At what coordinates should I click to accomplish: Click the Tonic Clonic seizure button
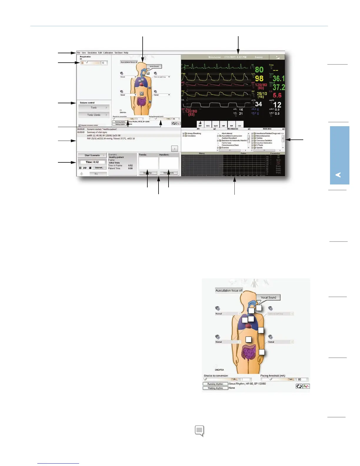point(94,115)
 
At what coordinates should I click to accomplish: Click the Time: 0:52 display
point(92,162)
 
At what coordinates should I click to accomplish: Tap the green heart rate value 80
point(259,70)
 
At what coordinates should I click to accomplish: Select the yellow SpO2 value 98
point(259,79)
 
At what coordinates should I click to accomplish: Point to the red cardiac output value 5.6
point(277,95)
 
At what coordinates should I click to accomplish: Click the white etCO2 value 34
point(258,104)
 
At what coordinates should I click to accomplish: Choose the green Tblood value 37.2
point(279,87)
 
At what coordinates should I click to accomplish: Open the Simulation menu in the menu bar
point(92,53)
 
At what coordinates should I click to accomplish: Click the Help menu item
point(126,53)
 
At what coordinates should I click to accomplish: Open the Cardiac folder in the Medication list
point(259,138)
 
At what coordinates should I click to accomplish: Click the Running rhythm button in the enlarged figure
point(215,384)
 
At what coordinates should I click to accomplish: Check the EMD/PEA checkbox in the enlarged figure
point(216,366)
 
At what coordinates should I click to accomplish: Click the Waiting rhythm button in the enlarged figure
point(215,388)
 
